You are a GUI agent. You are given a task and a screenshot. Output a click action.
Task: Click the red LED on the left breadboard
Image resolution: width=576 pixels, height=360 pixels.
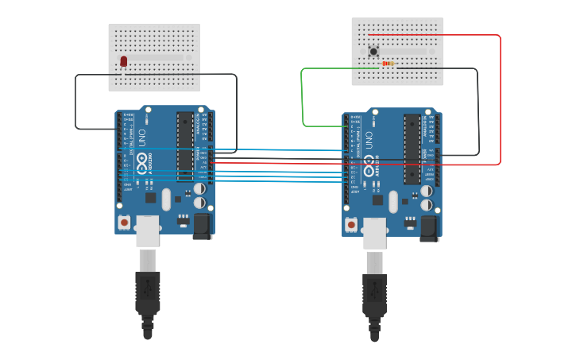pyautogui.click(x=123, y=61)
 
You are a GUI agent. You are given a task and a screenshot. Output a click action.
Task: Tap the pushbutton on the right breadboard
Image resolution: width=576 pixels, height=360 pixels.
pyautogui.click(x=373, y=52)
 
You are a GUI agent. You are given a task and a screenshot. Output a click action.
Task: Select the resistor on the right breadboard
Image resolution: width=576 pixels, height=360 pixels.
pyautogui.click(x=388, y=64)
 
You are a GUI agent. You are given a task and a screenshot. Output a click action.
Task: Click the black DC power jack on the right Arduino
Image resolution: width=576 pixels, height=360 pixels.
pyautogui.click(x=430, y=228)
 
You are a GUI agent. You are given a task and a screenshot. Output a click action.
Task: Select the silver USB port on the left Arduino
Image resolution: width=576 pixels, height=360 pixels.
pyautogui.click(x=148, y=230)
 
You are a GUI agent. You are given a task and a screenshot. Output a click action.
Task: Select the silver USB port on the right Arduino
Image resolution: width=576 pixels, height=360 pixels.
pyautogui.click(x=375, y=233)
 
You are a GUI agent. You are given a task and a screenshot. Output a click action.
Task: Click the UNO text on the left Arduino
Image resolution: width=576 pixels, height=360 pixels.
pyautogui.click(x=142, y=137)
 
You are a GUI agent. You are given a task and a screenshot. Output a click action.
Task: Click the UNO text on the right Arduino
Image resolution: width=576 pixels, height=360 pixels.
pyautogui.click(x=369, y=140)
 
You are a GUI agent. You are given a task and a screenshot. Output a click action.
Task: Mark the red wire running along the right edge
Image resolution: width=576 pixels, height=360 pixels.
pyautogui.click(x=501, y=99)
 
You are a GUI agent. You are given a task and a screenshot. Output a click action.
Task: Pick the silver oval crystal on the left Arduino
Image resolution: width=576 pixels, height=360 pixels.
pyautogui.click(x=166, y=199)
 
